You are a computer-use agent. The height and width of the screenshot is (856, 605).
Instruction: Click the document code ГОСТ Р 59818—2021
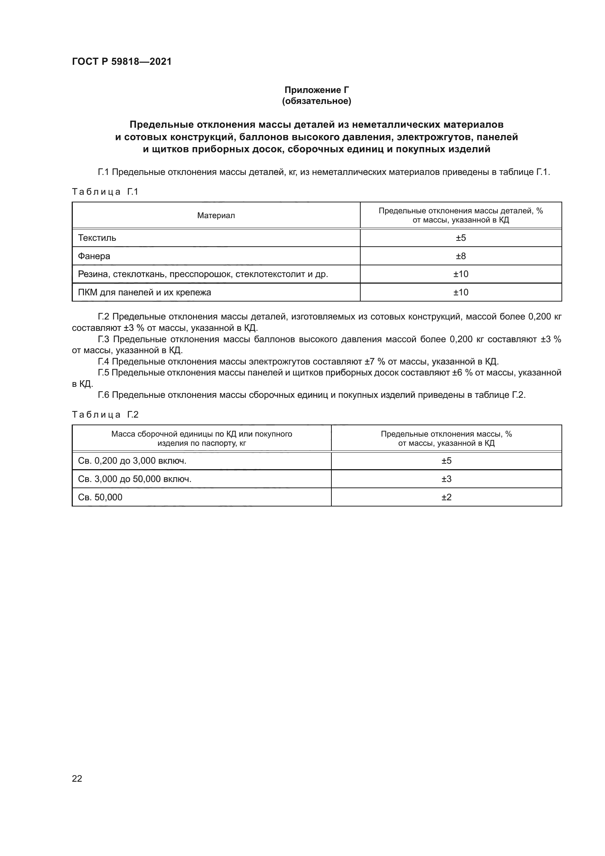click(121, 61)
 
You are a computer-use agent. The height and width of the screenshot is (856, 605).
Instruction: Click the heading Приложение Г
click(317, 90)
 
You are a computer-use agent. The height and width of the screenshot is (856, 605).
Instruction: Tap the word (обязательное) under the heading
click(317, 101)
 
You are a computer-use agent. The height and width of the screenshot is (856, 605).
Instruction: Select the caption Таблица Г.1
click(105, 192)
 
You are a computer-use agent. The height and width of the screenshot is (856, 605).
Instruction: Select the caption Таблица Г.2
click(105, 415)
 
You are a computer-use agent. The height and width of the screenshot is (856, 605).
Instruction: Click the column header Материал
click(216, 216)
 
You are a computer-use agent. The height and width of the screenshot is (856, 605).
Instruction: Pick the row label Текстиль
click(97, 238)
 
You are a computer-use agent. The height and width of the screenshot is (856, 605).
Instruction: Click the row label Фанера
click(94, 256)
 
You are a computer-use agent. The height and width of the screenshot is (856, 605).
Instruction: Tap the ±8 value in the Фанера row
click(461, 256)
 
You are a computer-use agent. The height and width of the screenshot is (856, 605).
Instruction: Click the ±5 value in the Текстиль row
click(461, 238)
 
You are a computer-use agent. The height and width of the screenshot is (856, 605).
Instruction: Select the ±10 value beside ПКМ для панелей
click(461, 292)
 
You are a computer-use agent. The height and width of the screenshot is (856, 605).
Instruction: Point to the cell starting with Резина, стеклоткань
click(203, 274)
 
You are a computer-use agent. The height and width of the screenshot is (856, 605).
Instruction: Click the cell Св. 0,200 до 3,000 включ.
click(132, 461)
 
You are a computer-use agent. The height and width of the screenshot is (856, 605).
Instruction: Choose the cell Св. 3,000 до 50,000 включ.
click(135, 479)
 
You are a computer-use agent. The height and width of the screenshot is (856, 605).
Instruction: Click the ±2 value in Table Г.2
click(446, 497)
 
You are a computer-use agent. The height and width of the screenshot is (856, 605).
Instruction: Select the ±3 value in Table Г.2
click(446, 479)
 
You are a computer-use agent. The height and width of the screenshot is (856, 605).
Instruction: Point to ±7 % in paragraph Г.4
click(375, 362)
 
